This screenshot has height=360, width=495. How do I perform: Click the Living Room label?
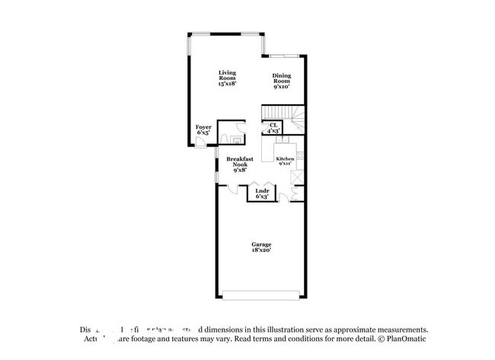click(227, 75)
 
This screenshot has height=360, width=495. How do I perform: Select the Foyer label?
click(203, 127)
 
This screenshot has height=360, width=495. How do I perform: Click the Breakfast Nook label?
click(239, 161)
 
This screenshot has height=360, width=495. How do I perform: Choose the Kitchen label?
click(285, 159)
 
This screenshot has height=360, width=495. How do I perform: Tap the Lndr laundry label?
click(261, 191)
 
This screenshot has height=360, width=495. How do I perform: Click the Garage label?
click(261, 244)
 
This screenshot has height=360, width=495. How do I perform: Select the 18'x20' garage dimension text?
click(261, 250)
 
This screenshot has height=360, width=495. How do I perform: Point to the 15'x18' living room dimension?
click(227, 84)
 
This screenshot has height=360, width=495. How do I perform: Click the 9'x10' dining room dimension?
click(282, 86)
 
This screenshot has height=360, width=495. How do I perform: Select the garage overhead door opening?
click(261, 295)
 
